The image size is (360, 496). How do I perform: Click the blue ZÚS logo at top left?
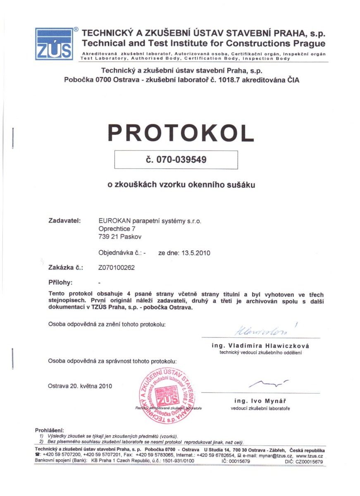(54, 44)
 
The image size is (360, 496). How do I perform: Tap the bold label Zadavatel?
(64, 221)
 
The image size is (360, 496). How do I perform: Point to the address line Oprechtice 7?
(116, 228)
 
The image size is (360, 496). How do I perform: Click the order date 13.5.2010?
(194, 253)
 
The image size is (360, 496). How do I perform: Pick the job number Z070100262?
(117, 267)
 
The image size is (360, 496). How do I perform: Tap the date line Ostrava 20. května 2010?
(80, 386)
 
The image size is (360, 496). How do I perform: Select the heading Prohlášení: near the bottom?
(50, 431)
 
